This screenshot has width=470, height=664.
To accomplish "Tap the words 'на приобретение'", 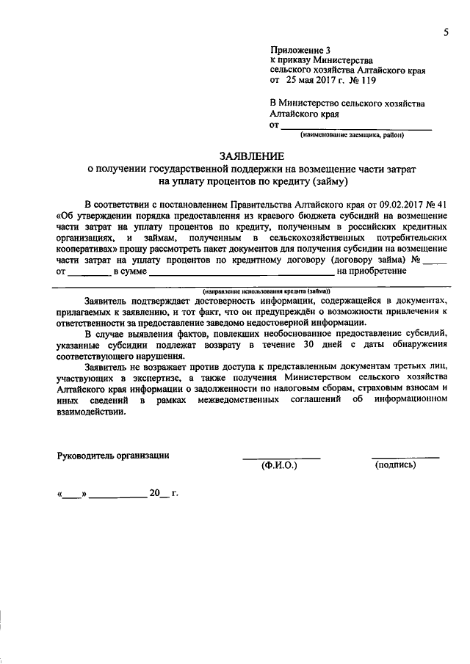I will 371,271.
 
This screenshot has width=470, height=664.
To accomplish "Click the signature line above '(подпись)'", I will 405,457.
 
